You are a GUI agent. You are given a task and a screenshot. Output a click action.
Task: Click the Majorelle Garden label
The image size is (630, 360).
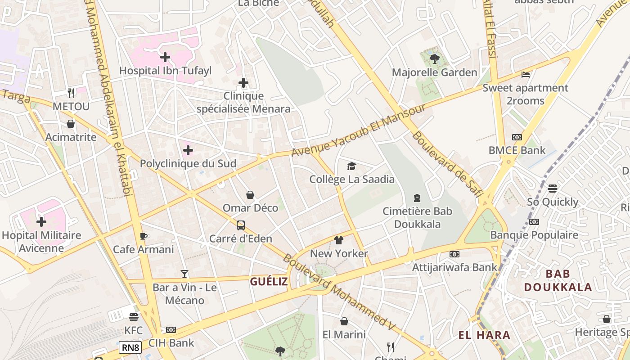pyautogui.click(x=434, y=72)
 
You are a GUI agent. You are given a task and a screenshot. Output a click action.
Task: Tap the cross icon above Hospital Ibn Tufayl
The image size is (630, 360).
pyautogui.click(x=165, y=57)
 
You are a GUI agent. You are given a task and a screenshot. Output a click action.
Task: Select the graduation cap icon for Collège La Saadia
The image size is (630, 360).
pyautogui.click(x=351, y=166)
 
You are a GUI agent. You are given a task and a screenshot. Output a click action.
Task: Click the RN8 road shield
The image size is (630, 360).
pyautogui.click(x=130, y=347)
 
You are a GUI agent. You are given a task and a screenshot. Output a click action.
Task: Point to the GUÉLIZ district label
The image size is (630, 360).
pyautogui.click(x=269, y=282)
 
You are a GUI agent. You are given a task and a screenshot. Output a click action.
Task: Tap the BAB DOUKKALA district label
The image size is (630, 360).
pyautogui.click(x=558, y=280)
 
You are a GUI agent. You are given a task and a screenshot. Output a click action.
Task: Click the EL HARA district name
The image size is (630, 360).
pyautogui.click(x=484, y=335)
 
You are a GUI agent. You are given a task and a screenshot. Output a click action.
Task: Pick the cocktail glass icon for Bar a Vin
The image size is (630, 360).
pyautogui.click(x=184, y=274)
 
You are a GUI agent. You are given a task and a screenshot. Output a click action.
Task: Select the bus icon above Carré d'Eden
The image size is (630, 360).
pyautogui.click(x=241, y=225)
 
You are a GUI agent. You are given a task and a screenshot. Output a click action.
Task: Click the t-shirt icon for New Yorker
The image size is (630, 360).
pyautogui.click(x=339, y=240)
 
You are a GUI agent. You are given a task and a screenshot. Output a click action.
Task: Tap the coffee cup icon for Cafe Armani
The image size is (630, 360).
pyautogui.click(x=143, y=236)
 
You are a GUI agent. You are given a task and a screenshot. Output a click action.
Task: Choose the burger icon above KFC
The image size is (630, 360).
pyautogui.click(x=133, y=317)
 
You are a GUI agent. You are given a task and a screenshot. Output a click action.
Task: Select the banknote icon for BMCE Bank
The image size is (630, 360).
pyautogui.click(x=517, y=137)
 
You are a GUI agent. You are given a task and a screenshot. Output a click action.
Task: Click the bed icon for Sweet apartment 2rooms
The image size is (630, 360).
pyautogui.click(x=525, y=75)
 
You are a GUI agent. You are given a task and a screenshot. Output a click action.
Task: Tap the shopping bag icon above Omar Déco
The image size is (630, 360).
pyautogui.click(x=250, y=195)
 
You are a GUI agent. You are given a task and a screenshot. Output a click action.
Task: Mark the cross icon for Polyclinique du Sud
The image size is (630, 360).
pyautogui.click(x=188, y=150)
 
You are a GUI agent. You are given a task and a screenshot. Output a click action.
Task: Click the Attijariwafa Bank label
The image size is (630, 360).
pyautogui.click(x=454, y=267)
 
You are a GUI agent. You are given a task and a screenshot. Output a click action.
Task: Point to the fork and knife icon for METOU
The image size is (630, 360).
pyautogui.click(x=71, y=93)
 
